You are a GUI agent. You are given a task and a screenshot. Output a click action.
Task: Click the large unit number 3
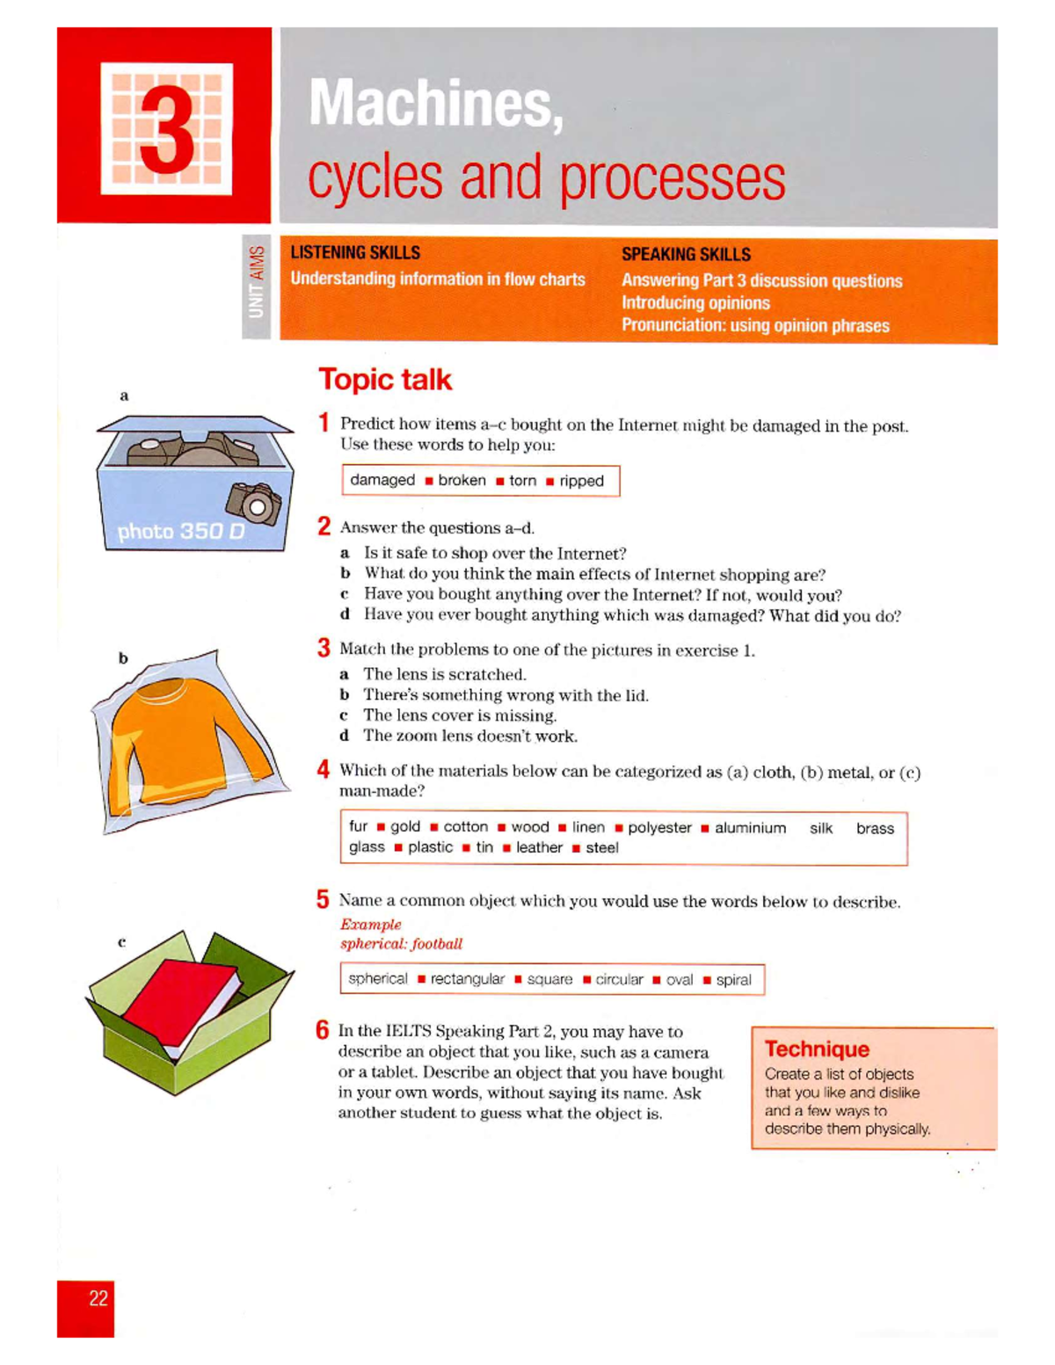167,129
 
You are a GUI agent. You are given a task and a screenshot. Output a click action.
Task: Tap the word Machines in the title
435,104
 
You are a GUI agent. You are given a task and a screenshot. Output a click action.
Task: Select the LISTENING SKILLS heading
355,253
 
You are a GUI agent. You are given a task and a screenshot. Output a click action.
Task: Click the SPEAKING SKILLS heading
686,255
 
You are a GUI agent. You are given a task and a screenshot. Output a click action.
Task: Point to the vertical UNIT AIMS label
256,282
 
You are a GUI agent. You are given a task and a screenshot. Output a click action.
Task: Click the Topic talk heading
385,380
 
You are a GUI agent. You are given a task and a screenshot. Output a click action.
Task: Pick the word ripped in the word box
581,481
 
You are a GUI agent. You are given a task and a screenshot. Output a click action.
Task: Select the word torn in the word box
522,481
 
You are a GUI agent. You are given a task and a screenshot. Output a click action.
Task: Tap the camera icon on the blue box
255,504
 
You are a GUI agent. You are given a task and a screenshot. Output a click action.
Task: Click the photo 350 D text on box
181,532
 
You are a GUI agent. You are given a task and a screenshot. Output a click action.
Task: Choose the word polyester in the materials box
659,828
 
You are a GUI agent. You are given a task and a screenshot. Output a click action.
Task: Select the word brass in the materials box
875,828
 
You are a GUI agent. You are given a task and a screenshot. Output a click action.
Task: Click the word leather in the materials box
539,848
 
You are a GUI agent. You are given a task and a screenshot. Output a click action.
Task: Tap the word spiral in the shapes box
733,980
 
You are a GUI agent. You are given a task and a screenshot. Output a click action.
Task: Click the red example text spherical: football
401,944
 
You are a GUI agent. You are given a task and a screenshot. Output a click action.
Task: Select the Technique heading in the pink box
817,1049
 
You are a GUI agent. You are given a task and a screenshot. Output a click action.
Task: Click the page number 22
98,1298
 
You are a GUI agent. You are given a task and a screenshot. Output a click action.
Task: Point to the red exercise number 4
324,770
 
